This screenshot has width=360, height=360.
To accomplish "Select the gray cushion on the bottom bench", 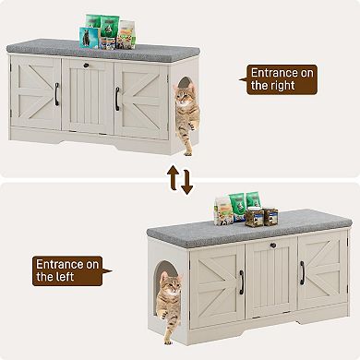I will click(248, 231).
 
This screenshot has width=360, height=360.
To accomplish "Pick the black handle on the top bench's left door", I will click(57, 93).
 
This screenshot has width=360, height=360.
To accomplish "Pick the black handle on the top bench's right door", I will click(117, 96).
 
